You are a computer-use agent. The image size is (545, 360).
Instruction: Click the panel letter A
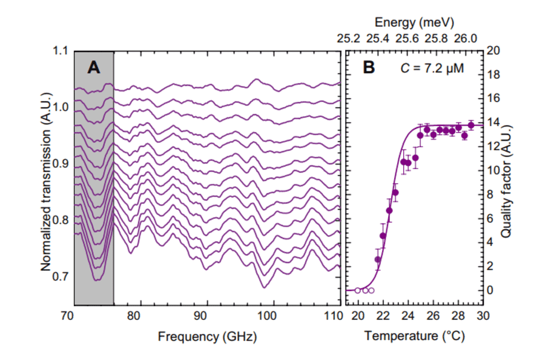point(93,68)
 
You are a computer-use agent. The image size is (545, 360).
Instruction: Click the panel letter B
point(369,68)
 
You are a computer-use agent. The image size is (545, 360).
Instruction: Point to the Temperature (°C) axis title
point(414,337)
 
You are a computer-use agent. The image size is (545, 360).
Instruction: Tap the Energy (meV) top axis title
point(414,23)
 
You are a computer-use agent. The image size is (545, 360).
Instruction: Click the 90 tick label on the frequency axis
point(201,316)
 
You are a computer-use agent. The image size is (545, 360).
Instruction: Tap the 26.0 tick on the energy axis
point(465,38)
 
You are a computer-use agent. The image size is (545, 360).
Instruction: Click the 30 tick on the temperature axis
point(483,316)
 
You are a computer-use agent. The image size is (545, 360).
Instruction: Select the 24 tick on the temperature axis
point(408,316)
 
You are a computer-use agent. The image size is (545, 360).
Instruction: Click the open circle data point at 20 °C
point(358,290)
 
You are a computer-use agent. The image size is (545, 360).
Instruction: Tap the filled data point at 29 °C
point(471,125)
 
